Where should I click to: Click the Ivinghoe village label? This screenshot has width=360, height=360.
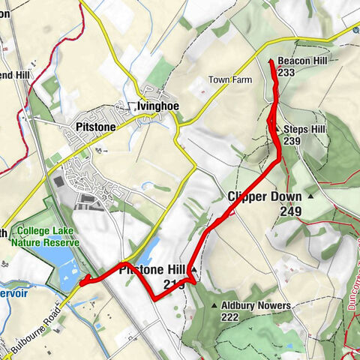coord(157,106)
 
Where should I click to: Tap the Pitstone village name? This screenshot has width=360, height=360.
coord(95,127)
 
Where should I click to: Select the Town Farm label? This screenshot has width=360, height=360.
coord(229,79)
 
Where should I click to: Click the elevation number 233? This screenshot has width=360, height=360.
coord(286,73)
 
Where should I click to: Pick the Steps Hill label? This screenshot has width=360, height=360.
coord(304,129)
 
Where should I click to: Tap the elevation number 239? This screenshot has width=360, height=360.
coord(292,141)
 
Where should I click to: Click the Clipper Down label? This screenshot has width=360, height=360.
coord(264,196)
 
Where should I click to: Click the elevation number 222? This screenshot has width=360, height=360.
coord(231,317)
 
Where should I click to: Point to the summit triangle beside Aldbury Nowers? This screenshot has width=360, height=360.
coord(214,306)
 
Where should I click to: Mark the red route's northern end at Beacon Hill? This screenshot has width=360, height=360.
coord(270,59)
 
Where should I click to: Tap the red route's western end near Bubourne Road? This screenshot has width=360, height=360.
coord(82,282)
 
